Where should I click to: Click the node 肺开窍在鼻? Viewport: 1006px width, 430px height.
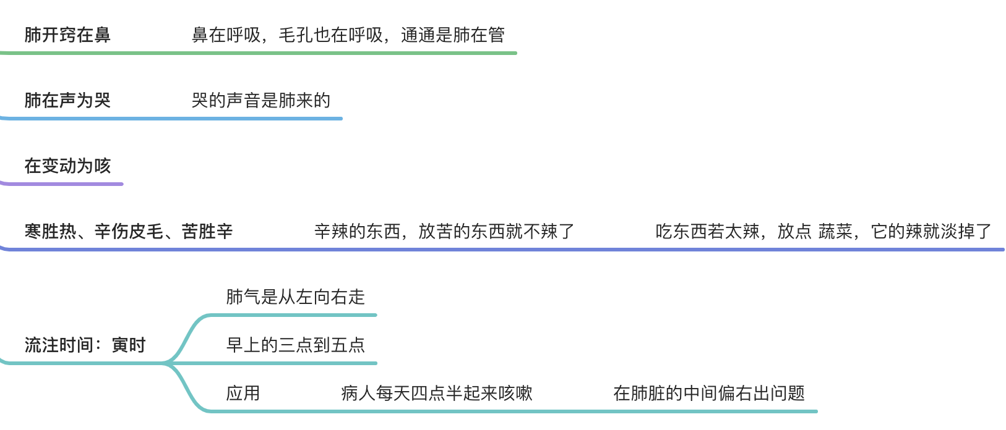(67, 35)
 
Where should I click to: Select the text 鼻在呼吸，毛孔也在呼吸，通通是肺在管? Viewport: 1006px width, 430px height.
(348, 35)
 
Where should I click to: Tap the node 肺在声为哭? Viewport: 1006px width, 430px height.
(67, 100)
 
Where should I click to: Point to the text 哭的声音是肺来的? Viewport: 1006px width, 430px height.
(261, 100)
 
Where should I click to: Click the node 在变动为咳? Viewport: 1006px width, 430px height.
(67, 166)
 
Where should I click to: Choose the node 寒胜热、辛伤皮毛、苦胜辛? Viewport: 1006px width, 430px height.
(129, 231)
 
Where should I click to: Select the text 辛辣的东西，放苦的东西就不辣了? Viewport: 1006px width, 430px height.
(444, 231)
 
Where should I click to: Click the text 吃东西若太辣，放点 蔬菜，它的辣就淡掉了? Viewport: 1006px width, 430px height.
(823, 231)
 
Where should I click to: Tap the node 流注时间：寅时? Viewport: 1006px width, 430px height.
(85, 345)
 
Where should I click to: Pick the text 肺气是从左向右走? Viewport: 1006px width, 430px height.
(296, 297)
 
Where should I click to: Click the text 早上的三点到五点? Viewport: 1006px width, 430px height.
(296, 345)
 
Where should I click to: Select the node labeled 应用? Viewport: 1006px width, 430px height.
(243, 393)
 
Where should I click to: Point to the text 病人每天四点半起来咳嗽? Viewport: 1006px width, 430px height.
(437, 393)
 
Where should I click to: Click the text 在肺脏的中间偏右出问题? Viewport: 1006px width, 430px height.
(709, 393)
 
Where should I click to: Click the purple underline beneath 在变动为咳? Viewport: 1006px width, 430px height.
(62, 183)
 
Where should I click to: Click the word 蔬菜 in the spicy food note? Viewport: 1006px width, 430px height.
(835, 231)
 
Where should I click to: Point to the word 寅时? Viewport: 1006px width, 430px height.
(129, 345)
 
